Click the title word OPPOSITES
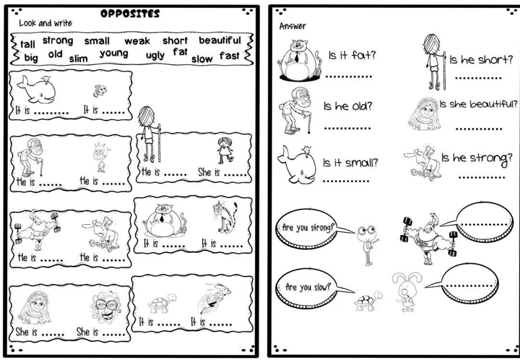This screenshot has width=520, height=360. click(130, 13)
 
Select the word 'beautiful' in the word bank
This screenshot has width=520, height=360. click(220, 40)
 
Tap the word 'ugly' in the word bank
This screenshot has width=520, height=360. click(155, 55)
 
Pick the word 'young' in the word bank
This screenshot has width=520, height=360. click(114, 53)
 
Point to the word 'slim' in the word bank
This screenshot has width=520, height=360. click(78, 59)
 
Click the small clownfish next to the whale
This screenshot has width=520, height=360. click(100, 90)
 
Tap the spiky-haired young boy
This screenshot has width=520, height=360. click(101, 157)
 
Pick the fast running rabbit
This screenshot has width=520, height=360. click(215, 298)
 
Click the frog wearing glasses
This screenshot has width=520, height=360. click(367, 244)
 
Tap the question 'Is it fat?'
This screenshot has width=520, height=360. click(352, 55)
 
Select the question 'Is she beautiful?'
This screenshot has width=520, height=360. click(479, 104)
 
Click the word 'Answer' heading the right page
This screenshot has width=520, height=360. click(293, 26)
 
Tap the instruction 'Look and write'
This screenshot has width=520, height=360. click(45, 23)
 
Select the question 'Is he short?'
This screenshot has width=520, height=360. click(481, 60)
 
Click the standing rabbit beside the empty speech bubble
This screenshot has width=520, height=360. click(406, 291)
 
